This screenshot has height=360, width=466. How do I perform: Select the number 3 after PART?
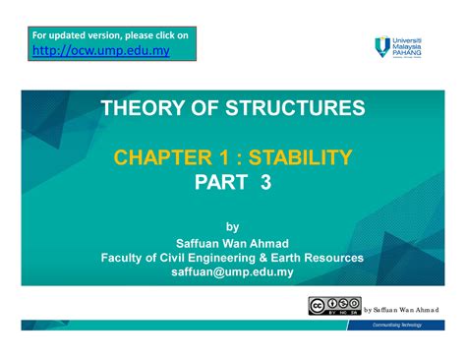point(265,181)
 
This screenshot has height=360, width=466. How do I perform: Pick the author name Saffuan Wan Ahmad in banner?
point(232,242)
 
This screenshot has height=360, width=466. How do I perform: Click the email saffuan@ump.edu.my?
point(232,271)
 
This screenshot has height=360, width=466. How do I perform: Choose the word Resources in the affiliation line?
point(334,257)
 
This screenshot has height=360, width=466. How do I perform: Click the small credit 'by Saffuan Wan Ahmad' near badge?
point(401,308)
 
